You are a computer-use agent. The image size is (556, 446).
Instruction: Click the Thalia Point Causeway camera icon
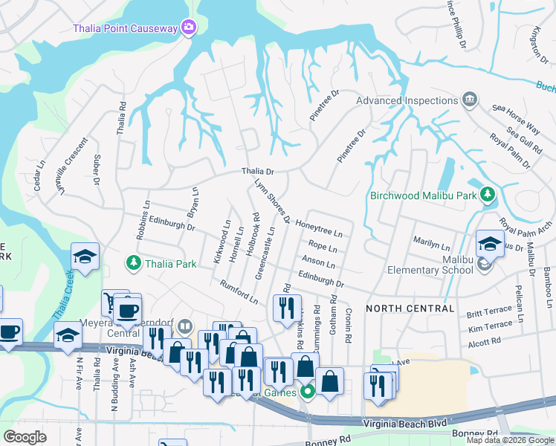[189, 28]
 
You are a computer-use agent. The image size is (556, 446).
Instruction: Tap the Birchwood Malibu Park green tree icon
[488, 195]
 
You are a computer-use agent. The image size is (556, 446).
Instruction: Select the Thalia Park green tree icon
[133, 262]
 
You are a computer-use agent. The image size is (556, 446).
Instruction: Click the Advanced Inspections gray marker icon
[469, 100]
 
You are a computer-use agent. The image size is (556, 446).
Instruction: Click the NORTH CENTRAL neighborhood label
[410, 308]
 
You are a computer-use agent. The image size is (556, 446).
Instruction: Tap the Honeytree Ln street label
[323, 226]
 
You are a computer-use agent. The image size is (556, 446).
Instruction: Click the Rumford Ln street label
[239, 291]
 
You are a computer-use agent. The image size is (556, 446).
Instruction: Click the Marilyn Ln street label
[432, 245]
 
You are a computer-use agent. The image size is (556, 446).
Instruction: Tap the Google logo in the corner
[25, 437]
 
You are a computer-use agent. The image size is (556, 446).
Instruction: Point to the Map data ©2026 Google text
[510, 440]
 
